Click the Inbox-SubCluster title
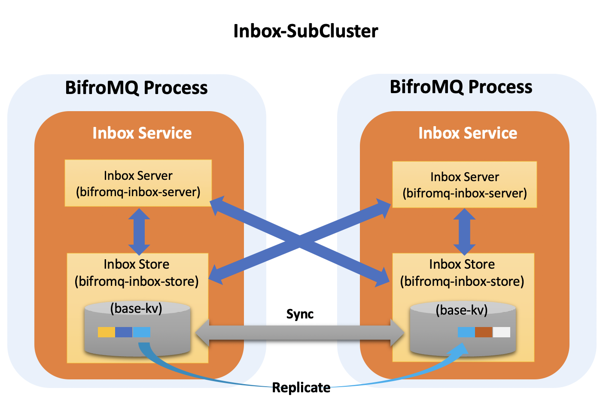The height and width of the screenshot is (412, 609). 306,31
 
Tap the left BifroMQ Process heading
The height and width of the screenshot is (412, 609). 137,88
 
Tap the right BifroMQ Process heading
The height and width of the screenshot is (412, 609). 461,87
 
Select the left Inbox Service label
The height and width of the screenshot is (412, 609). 142,133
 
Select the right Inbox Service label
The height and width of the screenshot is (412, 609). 468,133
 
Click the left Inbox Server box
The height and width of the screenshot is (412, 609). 138,183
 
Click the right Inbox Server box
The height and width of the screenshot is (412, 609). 464,185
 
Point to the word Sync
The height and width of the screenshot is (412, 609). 300,314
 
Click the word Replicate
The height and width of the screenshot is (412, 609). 301,387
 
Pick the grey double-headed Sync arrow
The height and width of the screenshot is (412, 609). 300,333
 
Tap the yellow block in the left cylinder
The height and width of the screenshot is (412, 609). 107,332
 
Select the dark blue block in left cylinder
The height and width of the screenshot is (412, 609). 124,332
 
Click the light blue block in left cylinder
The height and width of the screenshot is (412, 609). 141,332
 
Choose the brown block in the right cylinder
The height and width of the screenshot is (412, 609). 484,332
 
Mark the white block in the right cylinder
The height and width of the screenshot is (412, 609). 502,332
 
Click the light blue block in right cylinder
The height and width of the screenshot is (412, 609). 466,332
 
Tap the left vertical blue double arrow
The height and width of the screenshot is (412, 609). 139,232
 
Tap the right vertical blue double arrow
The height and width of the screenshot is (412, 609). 464,232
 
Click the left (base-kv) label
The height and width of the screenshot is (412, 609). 136,309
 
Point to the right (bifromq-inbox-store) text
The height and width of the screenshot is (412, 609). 462,281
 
